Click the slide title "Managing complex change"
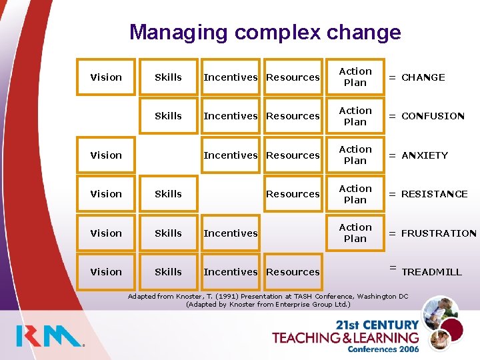click(x=265, y=32)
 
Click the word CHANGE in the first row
click(x=423, y=77)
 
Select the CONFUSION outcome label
click(x=433, y=116)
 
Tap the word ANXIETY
click(x=425, y=155)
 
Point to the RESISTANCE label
click(x=434, y=194)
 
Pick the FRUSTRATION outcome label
click(x=439, y=233)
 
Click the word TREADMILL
click(x=431, y=272)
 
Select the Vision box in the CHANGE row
click(x=106, y=77)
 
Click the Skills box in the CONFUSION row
click(x=168, y=116)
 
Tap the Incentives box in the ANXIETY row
click(x=230, y=155)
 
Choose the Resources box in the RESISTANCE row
click(x=293, y=194)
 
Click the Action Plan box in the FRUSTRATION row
click(x=355, y=233)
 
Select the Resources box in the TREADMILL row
click(x=293, y=272)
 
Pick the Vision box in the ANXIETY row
click(x=106, y=155)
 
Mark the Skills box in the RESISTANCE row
click(x=168, y=194)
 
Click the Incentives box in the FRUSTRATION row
click(x=230, y=233)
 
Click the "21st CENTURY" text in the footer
click(x=377, y=325)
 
